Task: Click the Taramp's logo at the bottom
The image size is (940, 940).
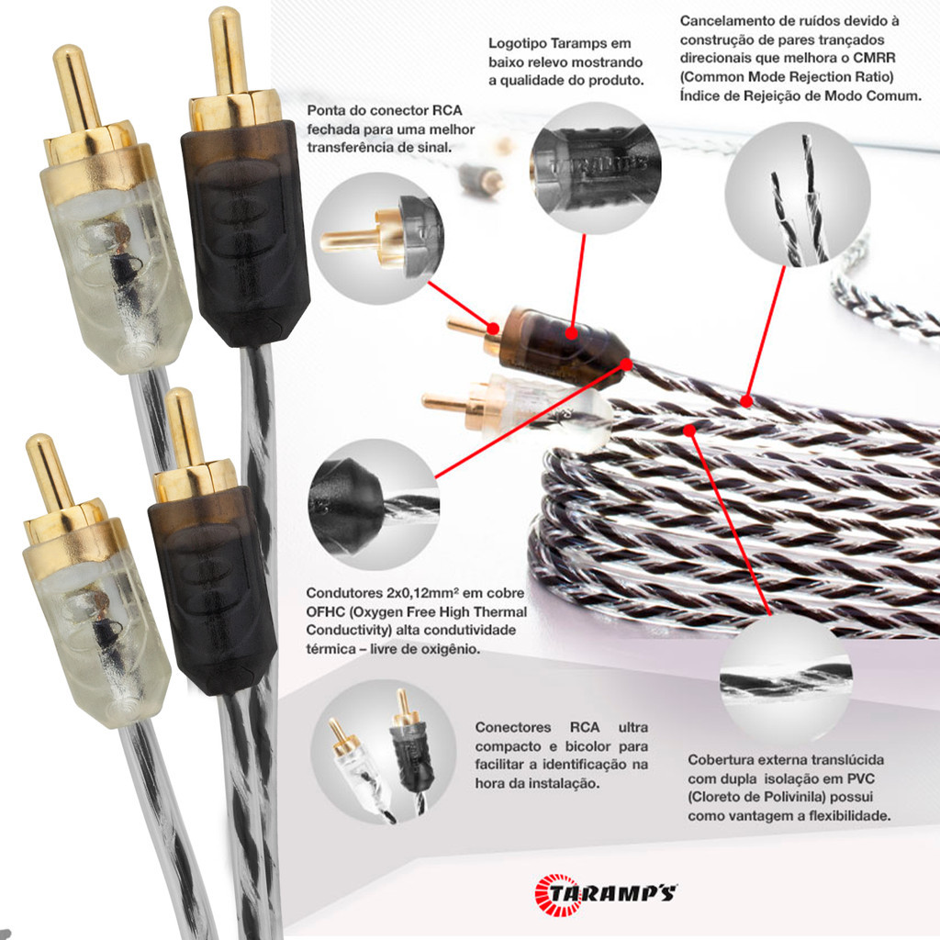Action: pyautogui.click(x=605, y=894)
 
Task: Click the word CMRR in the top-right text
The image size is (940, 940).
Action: pyautogui.click(x=875, y=58)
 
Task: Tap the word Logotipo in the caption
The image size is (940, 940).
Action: pyautogui.click(x=518, y=44)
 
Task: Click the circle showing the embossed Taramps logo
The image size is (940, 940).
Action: pyautogui.click(x=595, y=168)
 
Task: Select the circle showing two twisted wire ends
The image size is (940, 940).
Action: pyautogui.click(x=798, y=195)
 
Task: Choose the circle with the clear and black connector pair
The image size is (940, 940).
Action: pyautogui.click(x=383, y=752)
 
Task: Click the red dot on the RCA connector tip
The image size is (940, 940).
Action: pyautogui.click(x=493, y=328)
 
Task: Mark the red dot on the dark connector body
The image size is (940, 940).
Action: pyautogui.click(x=571, y=333)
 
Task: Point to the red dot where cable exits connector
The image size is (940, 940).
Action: pyautogui.click(x=626, y=364)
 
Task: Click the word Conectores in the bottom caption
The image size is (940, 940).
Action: pyautogui.click(x=513, y=727)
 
